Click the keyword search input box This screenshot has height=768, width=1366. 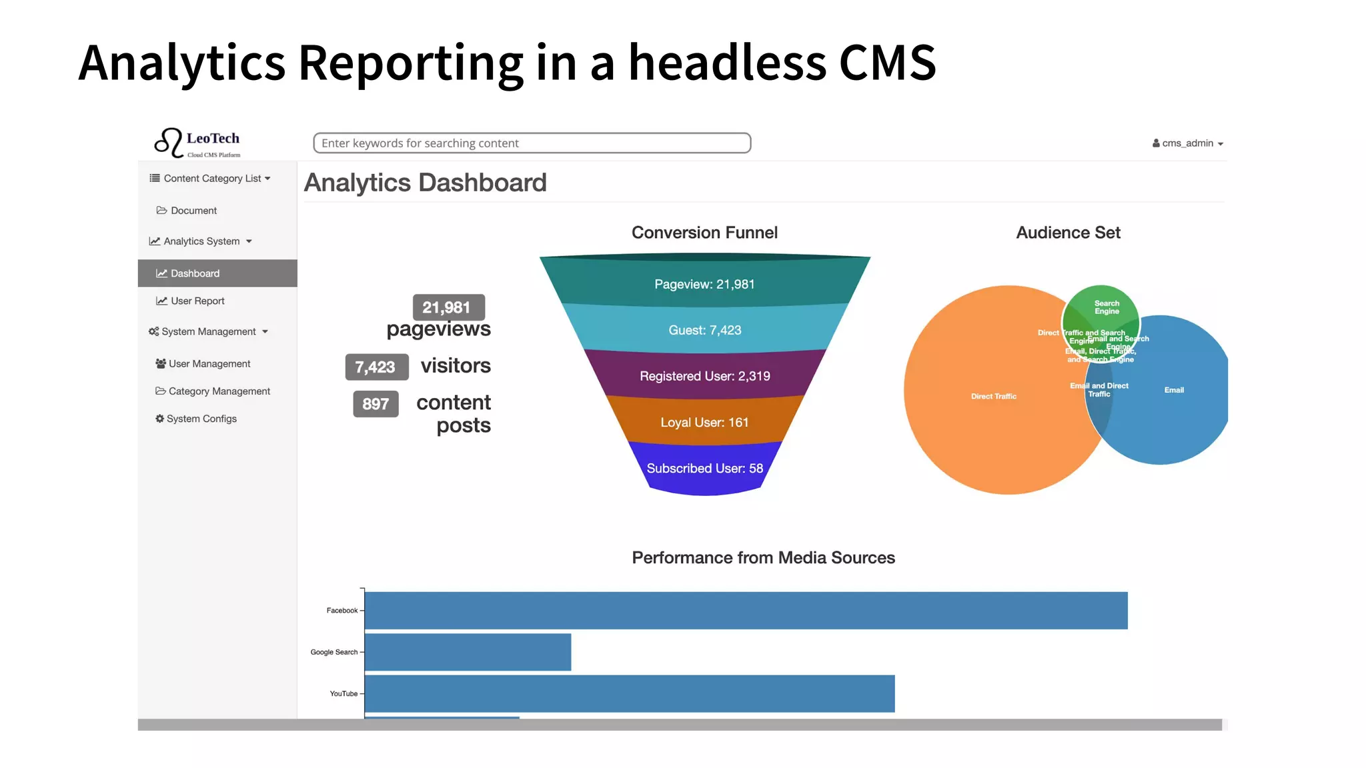(532, 143)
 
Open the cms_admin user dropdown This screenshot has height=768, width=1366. (1187, 143)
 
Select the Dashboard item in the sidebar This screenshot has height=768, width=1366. (195, 273)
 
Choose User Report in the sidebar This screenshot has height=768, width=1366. (197, 301)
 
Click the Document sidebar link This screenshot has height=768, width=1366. (193, 211)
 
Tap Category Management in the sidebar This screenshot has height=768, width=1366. (219, 391)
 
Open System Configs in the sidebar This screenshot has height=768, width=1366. (201, 419)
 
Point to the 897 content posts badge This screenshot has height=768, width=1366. (376, 404)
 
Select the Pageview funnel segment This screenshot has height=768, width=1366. (704, 284)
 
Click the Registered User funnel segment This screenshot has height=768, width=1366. (704, 376)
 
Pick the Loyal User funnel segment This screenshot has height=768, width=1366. (704, 422)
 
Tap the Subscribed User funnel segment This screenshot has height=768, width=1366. (704, 468)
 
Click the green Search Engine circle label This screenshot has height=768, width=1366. (1107, 307)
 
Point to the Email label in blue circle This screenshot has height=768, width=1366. (1174, 390)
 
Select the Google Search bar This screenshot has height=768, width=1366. (468, 652)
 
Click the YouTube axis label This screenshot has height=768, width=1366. (344, 694)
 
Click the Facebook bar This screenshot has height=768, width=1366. (746, 611)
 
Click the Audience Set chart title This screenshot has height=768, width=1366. (1068, 233)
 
